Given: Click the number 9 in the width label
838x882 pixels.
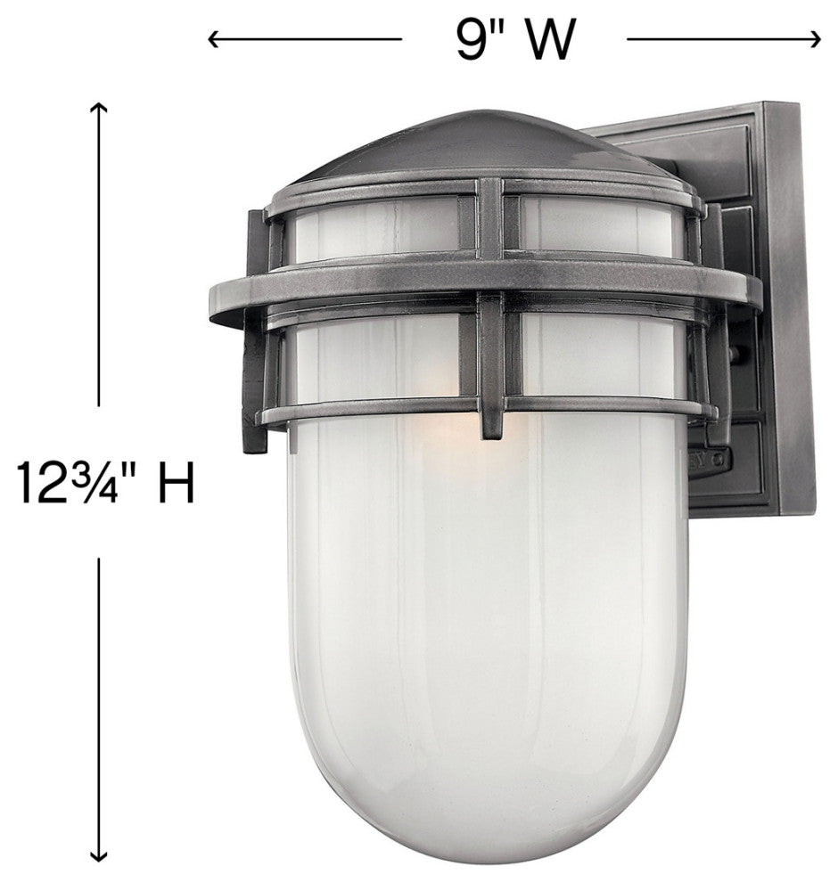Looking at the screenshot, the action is pyautogui.click(x=471, y=40).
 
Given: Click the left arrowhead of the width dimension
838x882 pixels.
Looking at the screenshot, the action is pyautogui.click(x=214, y=39).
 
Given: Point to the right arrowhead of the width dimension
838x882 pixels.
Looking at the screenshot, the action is pyautogui.click(x=814, y=39).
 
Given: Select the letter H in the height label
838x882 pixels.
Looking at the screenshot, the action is pyautogui.click(x=177, y=483).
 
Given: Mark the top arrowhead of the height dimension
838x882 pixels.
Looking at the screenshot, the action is pyautogui.click(x=99, y=108).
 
